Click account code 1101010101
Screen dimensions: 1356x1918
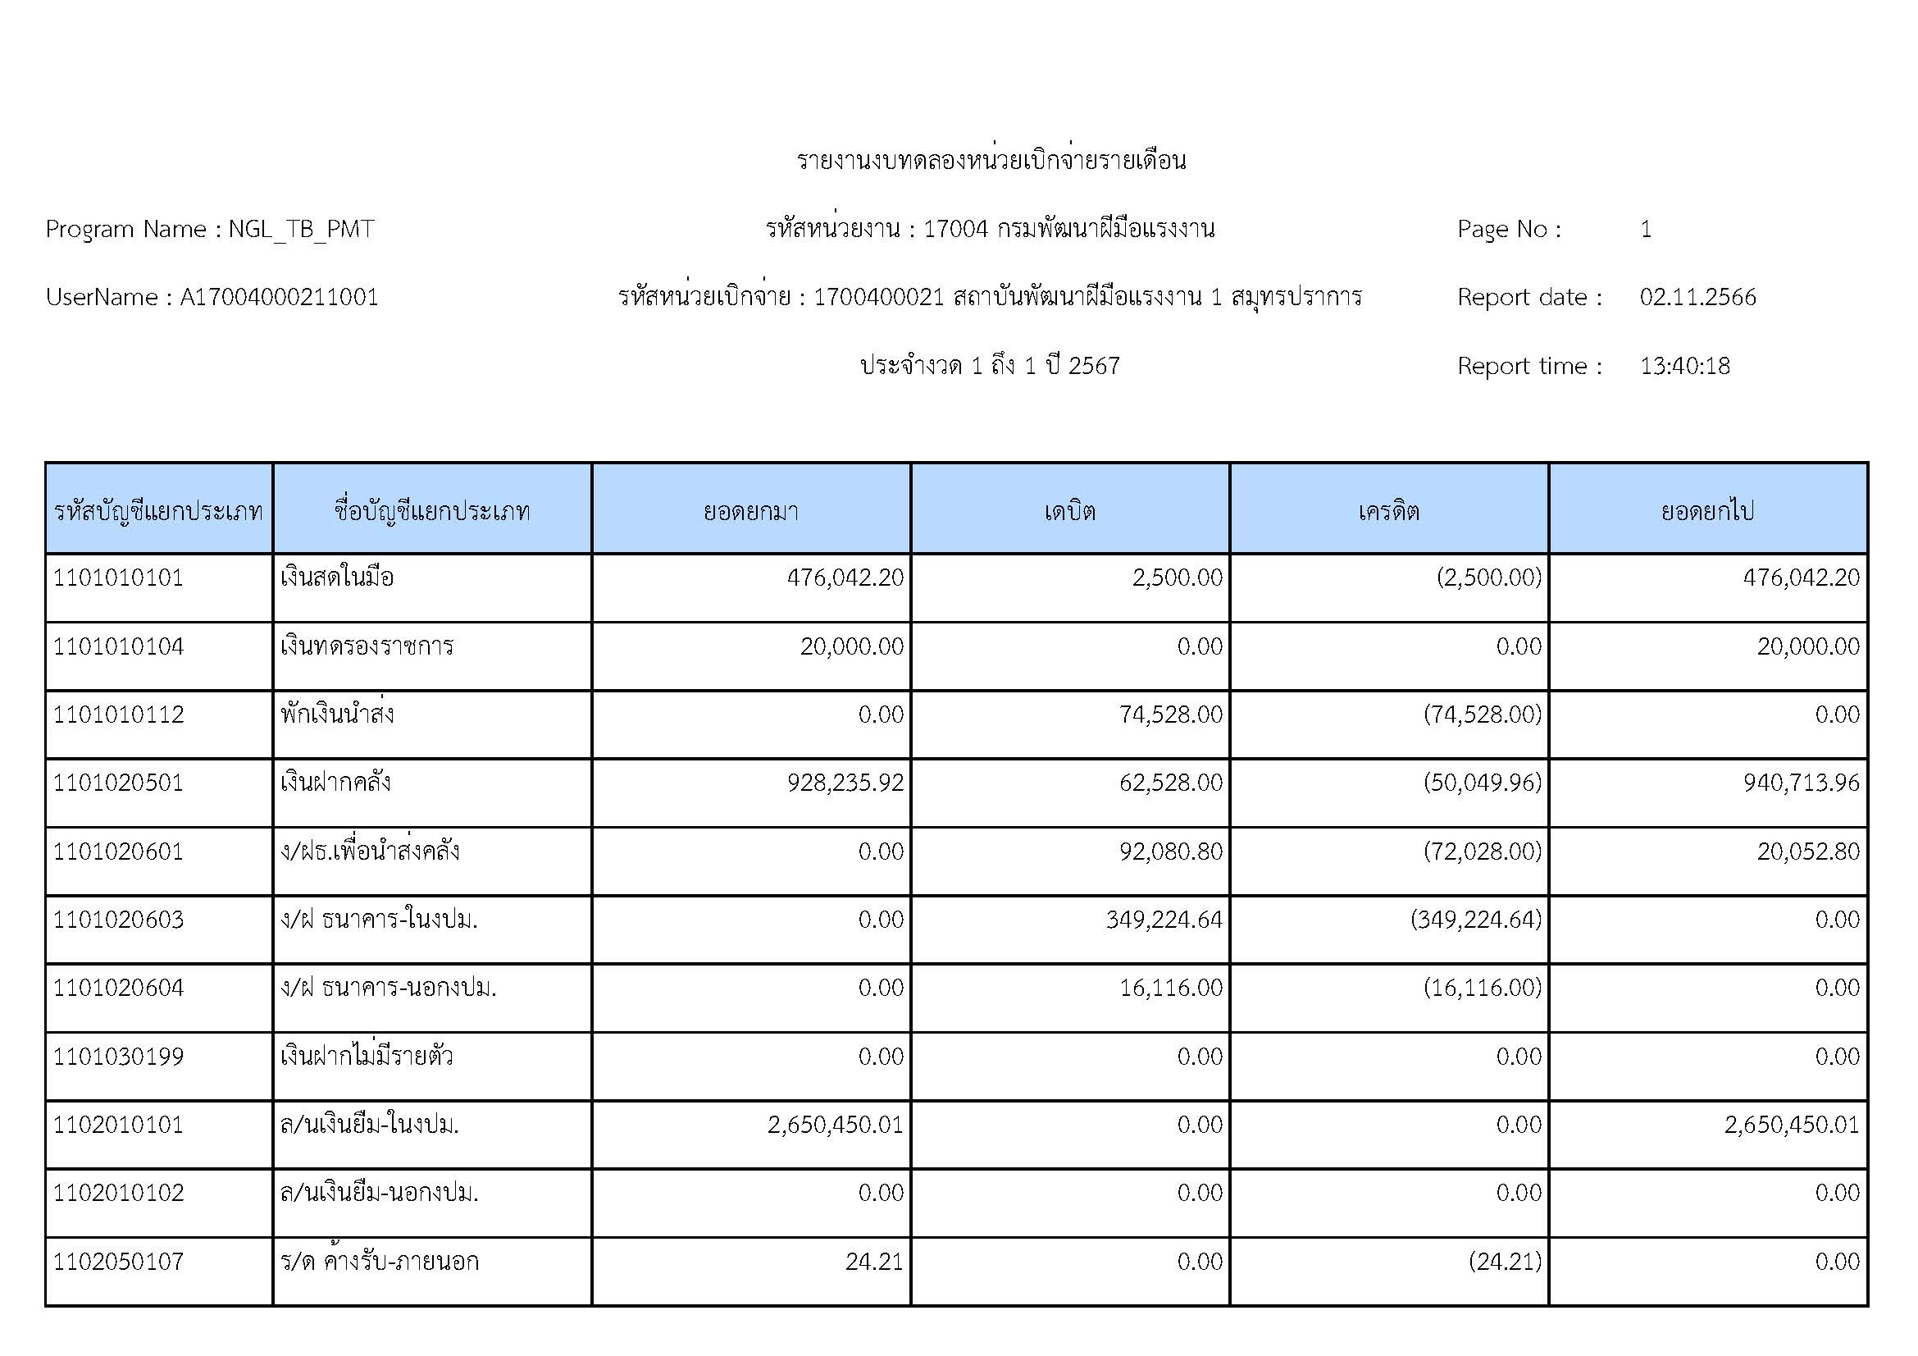pos(118,578)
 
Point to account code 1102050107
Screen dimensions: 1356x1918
pos(118,1261)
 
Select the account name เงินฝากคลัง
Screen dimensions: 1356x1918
pos(336,783)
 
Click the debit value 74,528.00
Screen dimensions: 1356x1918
pos(1170,715)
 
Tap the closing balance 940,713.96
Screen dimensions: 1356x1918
pos(1801,783)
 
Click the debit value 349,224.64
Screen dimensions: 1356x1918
pos(1164,919)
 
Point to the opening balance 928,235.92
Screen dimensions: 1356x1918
pos(845,783)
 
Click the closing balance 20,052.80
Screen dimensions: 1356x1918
pos(1808,851)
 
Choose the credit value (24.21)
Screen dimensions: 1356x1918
pos(1505,1261)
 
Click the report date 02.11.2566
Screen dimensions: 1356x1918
pos(1697,298)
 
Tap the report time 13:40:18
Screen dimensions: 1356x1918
pos(1684,366)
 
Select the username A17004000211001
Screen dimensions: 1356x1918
pos(279,298)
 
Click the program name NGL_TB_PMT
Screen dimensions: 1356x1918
pos(301,229)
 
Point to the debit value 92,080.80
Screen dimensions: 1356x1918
pos(1170,851)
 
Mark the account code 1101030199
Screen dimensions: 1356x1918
pos(118,1056)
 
